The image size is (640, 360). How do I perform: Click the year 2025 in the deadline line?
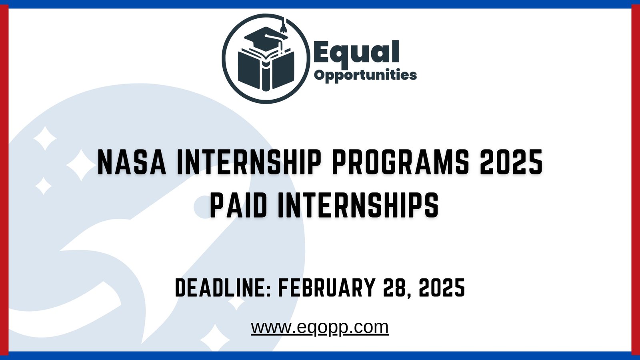click(442, 288)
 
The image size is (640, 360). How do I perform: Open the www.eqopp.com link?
click(320, 327)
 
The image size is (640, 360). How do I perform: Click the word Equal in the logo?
click(356, 52)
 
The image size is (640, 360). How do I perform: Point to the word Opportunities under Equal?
click(365, 75)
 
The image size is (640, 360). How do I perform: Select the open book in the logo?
click(266, 70)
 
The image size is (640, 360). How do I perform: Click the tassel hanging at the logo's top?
click(284, 27)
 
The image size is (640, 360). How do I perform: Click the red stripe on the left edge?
click(4, 180)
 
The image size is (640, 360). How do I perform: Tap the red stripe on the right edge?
click(636, 180)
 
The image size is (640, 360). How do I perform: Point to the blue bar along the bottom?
click(320, 356)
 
